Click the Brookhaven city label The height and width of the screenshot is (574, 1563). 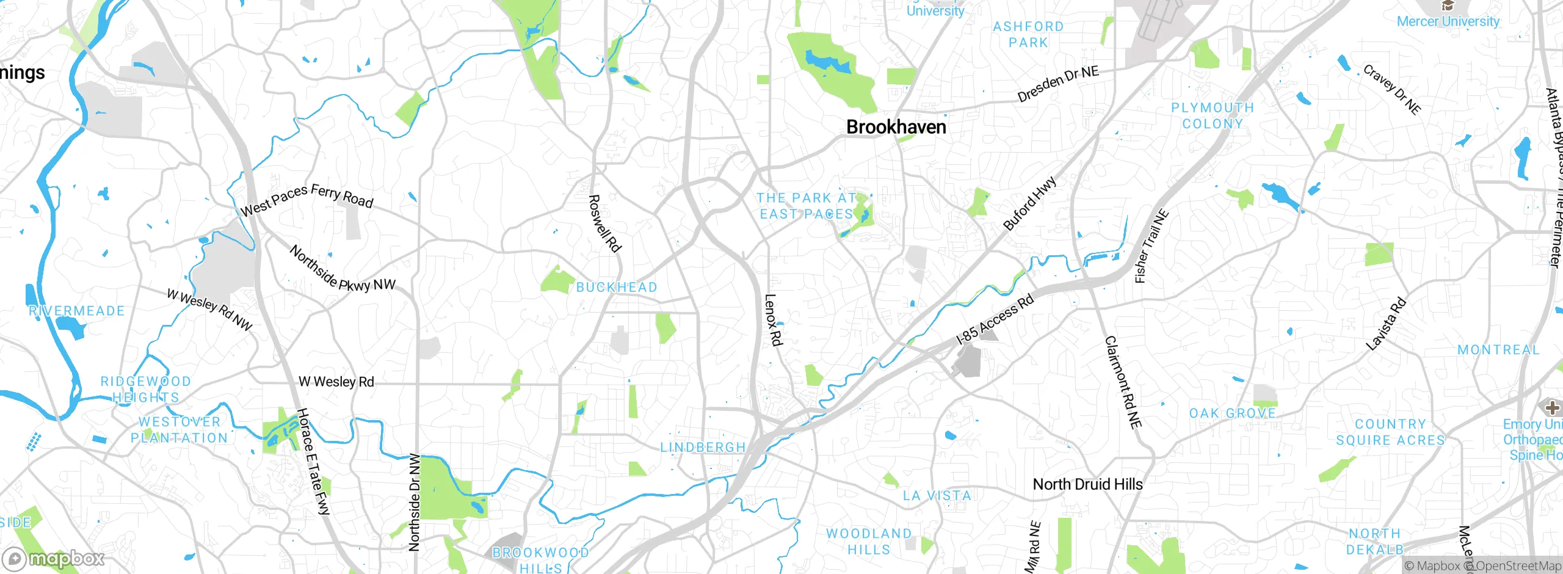tap(896, 127)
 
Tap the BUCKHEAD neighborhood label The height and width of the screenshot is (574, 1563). tap(617, 287)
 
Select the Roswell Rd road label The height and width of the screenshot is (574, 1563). tap(604, 223)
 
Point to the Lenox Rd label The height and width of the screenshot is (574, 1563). tap(773, 320)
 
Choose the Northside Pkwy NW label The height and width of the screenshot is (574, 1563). tap(342, 269)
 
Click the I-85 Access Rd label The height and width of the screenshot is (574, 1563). tap(995, 319)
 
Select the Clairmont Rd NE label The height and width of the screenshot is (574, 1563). tap(1123, 382)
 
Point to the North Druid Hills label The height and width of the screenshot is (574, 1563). tap(1087, 484)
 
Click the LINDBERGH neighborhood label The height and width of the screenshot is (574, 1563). tap(703, 448)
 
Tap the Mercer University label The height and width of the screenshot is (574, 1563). tap(1448, 21)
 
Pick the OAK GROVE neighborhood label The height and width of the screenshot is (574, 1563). tap(1233, 413)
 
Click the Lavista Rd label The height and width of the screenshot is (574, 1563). tap(1386, 324)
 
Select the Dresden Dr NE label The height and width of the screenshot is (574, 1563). tap(1057, 84)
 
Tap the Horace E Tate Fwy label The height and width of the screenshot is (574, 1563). tap(313, 462)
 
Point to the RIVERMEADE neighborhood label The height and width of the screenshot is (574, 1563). tap(77, 311)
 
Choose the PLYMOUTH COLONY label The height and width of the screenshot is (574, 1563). tap(1212, 115)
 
